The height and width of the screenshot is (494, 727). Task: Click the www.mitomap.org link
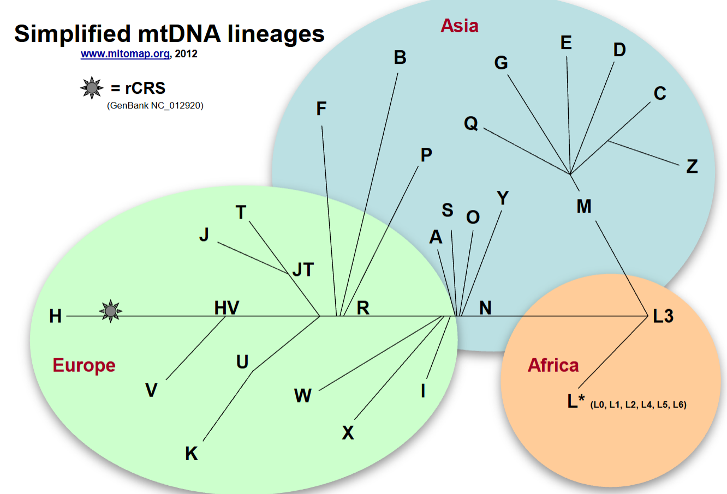pyautogui.click(x=125, y=53)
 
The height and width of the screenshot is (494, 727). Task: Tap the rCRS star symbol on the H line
pyautogui.click(x=111, y=311)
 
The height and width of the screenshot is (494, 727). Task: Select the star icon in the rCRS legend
pyautogui.click(x=92, y=88)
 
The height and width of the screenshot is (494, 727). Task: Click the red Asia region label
pyautogui.click(x=459, y=26)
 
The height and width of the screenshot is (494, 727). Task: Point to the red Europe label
pyautogui.click(x=84, y=366)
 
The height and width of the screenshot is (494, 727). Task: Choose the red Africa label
pyautogui.click(x=553, y=365)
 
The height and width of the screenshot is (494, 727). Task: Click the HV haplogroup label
pyautogui.click(x=227, y=308)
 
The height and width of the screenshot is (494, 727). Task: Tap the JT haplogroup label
pyautogui.click(x=303, y=270)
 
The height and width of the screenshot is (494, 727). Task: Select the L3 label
pyautogui.click(x=663, y=316)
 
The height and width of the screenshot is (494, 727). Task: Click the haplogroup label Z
pyautogui.click(x=692, y=166)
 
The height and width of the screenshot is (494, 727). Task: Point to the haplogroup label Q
pyautogui.click(x=471, y=123)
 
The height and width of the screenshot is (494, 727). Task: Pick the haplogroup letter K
pyautogui.click(x=191, y=454)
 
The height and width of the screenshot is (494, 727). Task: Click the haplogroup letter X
pyautogui.click(x=348, y=432)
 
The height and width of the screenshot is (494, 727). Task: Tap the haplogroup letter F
pyautogui.click(x=321, y=109)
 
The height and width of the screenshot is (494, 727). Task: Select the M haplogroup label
pyautogui.click(x=584, y=206)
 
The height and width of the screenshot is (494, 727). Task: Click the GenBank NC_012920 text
pyautogui.click(x=155, y=106)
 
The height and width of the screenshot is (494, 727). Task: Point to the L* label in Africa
pyautogui.click(x=576, y=401)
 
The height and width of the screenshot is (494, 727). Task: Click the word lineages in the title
pyautogui.click(x=276, y=34)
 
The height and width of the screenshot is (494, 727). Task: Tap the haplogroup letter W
pyautogui.click(x=302, y=395)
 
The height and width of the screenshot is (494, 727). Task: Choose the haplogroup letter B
pyautogui.click(x=400, y=57)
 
